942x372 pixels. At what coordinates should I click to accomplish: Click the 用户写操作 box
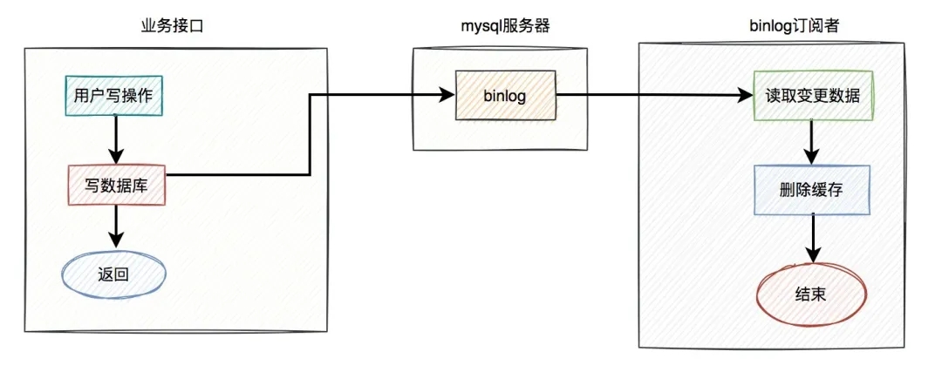point(114,96)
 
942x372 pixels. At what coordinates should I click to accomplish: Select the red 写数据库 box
point(115,184)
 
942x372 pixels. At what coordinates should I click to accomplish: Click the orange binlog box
point(504,95)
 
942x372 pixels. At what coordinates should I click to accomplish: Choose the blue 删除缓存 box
point(811,190)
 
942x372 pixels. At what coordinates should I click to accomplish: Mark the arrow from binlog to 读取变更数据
point(654,95)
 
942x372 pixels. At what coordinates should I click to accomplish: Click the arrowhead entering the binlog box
point(446,95)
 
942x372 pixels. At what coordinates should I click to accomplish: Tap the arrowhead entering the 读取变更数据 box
point(747,95)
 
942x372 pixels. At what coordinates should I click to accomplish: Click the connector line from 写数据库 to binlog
point(311,131)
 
